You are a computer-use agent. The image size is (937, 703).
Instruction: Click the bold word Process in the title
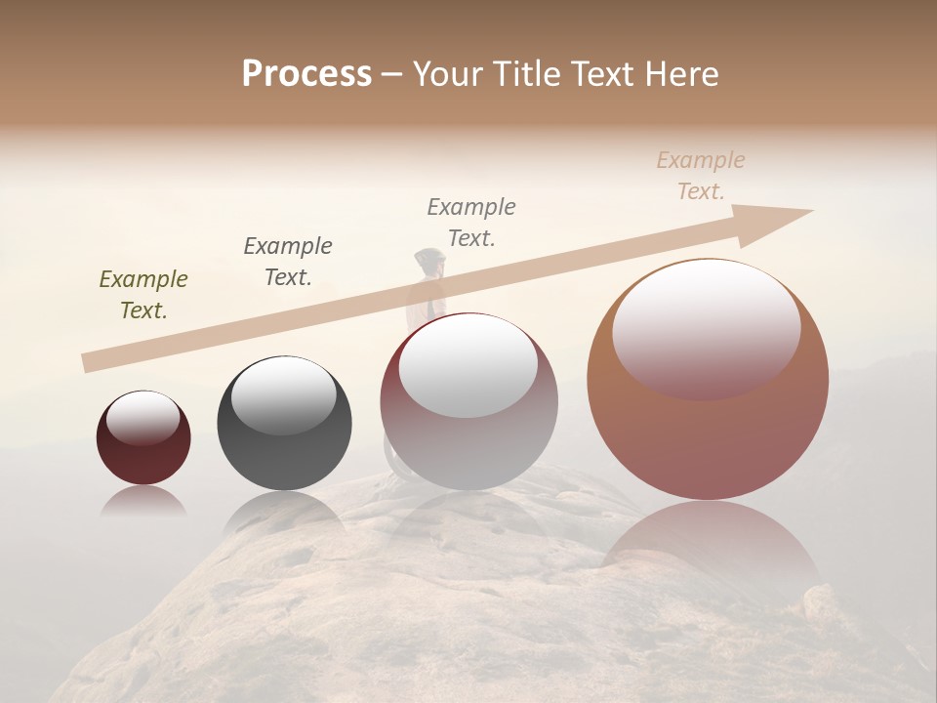coord(306,74)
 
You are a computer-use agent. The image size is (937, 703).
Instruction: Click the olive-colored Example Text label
coord(143,295)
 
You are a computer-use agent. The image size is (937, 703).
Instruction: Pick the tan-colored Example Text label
coord(701,176)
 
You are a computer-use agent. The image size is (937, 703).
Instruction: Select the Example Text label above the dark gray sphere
coord(288,262)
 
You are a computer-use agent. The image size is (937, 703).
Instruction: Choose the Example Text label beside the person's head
coord(471,222)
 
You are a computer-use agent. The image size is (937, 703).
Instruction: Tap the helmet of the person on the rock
coord(429,259)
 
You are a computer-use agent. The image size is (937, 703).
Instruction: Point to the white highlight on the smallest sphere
coord(143,417)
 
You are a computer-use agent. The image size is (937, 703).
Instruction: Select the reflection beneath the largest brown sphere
coord(710,547)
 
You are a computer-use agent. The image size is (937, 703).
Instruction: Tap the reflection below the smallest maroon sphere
coord(143,500)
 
